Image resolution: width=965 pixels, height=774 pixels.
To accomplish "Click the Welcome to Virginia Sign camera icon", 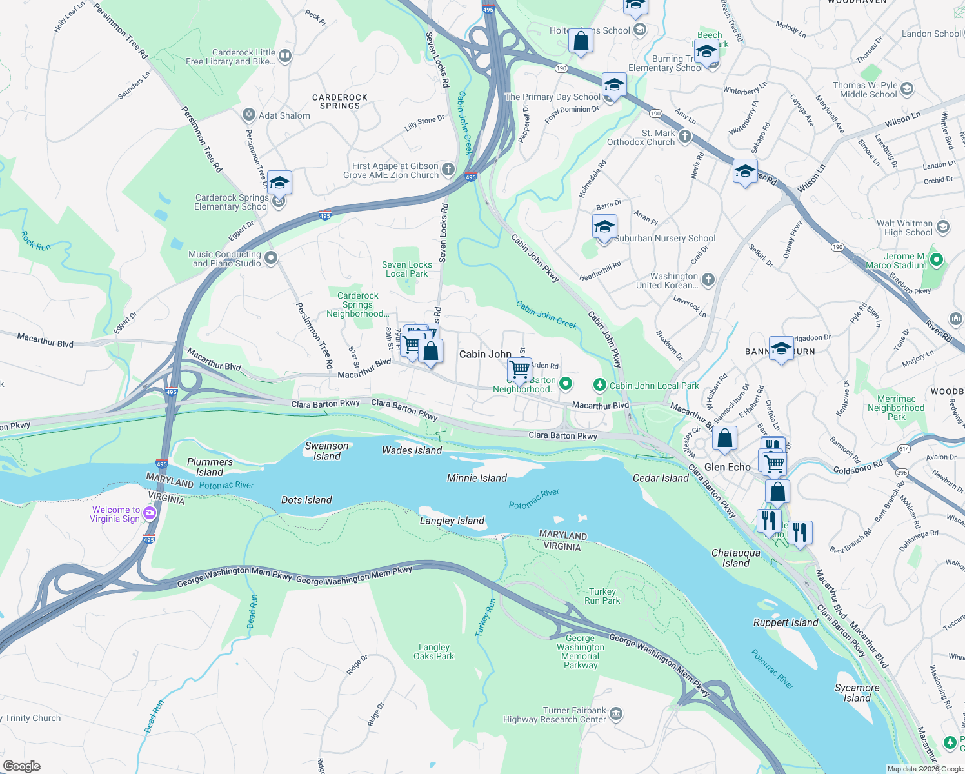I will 150,513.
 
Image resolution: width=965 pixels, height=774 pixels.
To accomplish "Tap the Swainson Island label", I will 326,451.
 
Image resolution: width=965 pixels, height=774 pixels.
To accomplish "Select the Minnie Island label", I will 477,478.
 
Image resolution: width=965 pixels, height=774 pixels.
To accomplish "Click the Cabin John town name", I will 485,354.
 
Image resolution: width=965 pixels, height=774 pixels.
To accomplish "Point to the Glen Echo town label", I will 727,467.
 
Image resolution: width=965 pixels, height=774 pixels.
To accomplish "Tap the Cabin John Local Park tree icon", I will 600,385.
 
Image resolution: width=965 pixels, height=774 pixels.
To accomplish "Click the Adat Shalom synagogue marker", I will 249,115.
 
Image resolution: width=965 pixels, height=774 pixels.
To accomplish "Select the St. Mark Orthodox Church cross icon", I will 685,136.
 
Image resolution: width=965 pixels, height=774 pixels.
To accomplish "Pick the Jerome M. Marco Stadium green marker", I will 937,260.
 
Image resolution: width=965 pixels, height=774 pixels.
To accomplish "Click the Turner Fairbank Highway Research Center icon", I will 616,713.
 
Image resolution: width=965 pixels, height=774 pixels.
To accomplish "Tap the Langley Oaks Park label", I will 434,651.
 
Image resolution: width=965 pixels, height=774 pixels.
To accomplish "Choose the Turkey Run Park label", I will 602,596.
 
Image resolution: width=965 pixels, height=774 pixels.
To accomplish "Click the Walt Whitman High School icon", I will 942,227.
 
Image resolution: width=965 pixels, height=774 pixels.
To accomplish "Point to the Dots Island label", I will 306,500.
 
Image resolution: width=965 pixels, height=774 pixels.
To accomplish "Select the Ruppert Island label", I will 786,622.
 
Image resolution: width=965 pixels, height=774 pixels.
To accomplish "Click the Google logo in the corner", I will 22,766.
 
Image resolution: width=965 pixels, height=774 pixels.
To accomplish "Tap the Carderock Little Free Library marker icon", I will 285,56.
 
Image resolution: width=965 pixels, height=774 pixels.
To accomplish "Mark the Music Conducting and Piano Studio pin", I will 271,258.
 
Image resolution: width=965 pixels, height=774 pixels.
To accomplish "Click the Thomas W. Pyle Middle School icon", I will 907,89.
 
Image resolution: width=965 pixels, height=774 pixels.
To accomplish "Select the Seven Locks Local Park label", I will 406,269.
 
